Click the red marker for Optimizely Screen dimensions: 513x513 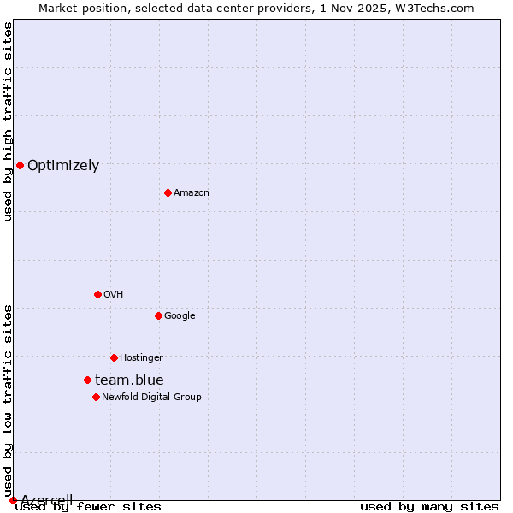(20, 165)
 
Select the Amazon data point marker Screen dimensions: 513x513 (168, 192)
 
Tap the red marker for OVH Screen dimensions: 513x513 (97, 294)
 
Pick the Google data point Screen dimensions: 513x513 (158, 315)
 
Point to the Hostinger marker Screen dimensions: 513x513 (114, 357)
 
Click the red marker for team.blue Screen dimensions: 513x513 (87, 380)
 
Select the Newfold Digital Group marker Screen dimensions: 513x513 (96, 397)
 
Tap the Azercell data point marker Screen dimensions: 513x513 (13, 500)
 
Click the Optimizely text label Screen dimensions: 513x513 (63, 166)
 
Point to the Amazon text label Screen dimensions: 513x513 (192, 193)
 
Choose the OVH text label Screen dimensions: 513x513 (114, 295)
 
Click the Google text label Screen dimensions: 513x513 (180, 316)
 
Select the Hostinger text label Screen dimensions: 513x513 (141, 358)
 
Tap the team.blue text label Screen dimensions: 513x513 (129, 380)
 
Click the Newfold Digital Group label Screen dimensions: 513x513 (151, 398)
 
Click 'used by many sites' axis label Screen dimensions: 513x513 (429, 507)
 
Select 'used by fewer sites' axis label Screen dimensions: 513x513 (88, 507)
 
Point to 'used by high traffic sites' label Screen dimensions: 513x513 (8, 121)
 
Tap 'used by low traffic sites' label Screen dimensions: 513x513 (8, 400)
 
